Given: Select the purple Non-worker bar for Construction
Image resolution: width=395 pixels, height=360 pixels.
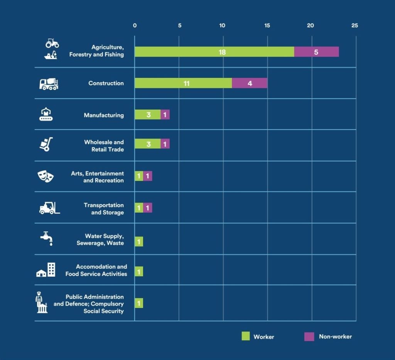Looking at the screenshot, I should pos(250,83).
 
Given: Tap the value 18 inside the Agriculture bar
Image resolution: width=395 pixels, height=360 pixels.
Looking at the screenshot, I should pos(222,52).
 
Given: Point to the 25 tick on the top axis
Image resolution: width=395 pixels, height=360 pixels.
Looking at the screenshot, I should pos(354,26).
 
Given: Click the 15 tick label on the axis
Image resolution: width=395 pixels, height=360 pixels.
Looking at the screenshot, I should pos(267,26).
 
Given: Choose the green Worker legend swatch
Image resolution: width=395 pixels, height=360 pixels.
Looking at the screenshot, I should pos(246,336).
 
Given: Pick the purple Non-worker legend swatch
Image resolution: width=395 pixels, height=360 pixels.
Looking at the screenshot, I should pos(309,336).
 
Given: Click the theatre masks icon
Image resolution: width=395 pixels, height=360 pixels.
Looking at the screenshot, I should pos(46,176).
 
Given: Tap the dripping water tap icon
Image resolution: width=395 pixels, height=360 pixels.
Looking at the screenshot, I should pos(47,238).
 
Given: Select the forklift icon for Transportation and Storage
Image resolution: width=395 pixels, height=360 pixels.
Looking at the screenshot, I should pos(49,208).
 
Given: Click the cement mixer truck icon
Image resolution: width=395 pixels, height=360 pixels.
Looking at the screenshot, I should pos(49,84).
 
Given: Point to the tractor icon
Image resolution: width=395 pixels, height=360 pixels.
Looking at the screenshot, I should pos(52,42).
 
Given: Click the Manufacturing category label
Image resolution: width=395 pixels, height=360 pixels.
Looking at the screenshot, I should pos(104,115).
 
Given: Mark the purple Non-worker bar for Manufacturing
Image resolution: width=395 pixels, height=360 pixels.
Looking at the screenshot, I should pos(165,115).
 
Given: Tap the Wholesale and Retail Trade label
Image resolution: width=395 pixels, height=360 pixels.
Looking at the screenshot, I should pos(104,145).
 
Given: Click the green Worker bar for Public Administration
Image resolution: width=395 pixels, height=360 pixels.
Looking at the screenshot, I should pos(139,303).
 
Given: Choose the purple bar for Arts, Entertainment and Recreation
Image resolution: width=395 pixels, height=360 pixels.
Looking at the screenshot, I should pos(148,176).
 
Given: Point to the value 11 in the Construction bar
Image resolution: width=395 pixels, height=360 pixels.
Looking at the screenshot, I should pos(186,83).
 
